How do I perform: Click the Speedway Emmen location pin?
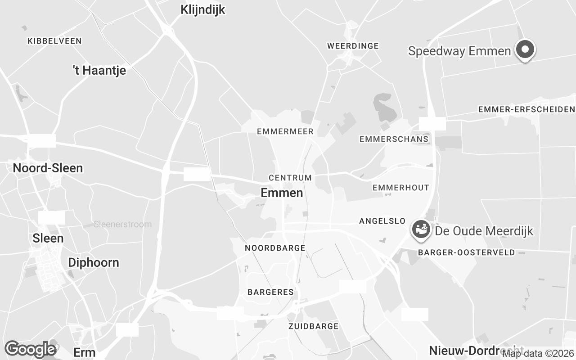(525, 50)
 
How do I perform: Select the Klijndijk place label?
(202, 9)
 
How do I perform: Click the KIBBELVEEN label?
(54, 41)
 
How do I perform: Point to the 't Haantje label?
(99, 70)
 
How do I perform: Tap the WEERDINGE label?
(353, 46)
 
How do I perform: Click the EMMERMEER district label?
(285, 131)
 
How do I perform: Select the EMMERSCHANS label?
(394, 139)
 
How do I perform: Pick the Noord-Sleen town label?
(48, 168)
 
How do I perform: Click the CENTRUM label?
(290, 178)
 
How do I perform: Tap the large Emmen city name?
(282, 193)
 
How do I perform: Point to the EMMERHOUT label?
(401, 187)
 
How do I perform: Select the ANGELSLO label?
(382, 221)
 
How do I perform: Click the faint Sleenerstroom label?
(123, 224)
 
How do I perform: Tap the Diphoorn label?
(94, 263)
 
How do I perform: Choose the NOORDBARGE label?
(275, 248)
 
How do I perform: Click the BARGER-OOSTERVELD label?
(466, 252)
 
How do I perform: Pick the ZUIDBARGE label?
(313, 326)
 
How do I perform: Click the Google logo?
(30, 349)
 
